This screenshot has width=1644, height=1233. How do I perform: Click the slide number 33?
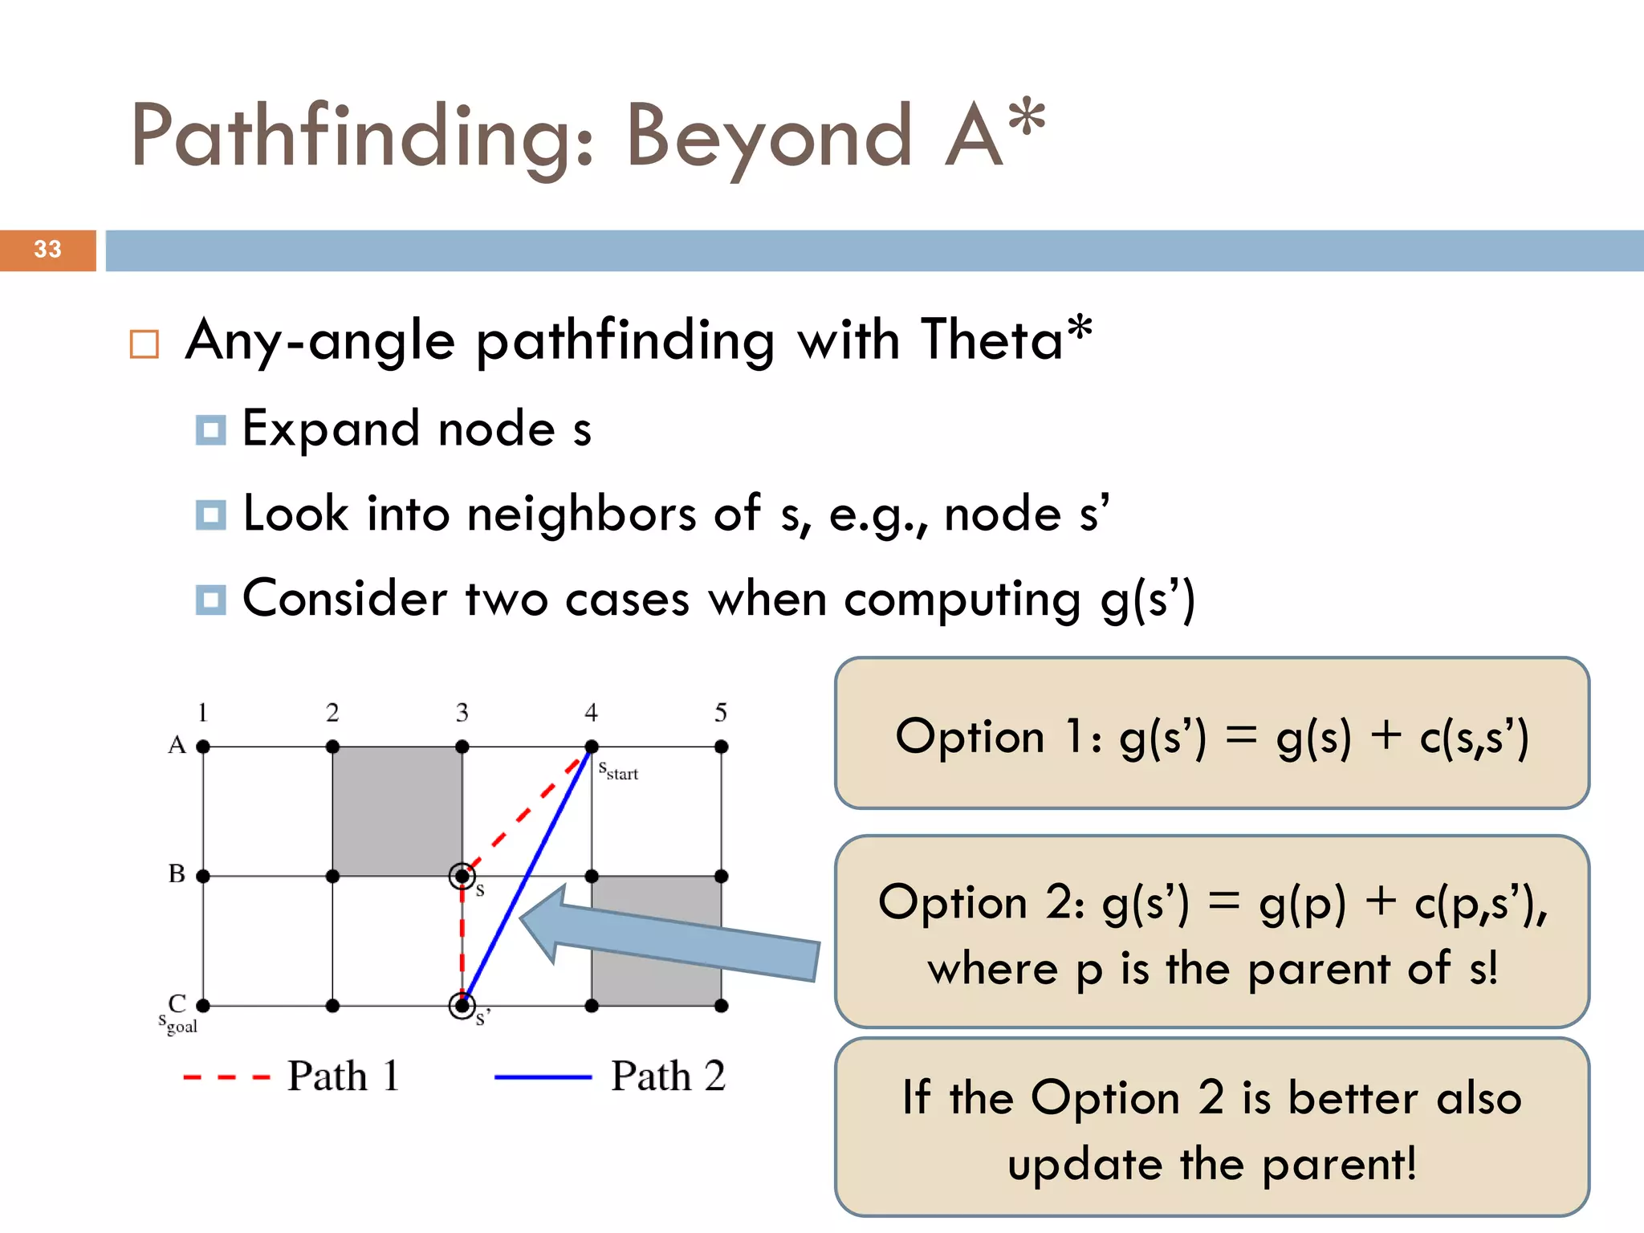(47, 250)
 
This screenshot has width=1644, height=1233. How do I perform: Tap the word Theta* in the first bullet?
(1006, 339)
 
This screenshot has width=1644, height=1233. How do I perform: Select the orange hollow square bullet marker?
(144, 344)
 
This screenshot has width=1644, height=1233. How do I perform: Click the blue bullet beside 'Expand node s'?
(210, 429)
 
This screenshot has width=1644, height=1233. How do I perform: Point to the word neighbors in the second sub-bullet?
(581, 514)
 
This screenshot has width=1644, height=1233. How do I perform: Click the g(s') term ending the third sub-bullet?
(1148, 600)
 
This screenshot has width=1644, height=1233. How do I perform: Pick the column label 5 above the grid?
(721, 713)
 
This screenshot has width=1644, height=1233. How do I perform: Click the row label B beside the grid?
(177, 873)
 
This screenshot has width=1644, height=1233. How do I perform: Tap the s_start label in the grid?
(618, 771)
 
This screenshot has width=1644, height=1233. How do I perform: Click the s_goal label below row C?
(177, 1024)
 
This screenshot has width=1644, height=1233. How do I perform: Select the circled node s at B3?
(462, 876)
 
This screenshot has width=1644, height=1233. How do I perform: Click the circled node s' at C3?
(462, 1005)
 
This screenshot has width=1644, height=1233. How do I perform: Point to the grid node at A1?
(203, 747)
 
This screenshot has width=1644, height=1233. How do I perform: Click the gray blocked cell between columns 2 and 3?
(397, 811)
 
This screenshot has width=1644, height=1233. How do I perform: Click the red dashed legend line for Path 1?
(226, 1077)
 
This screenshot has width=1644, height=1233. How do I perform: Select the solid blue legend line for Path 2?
(543, 1077)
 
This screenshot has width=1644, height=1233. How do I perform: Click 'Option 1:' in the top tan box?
(999, 737)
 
